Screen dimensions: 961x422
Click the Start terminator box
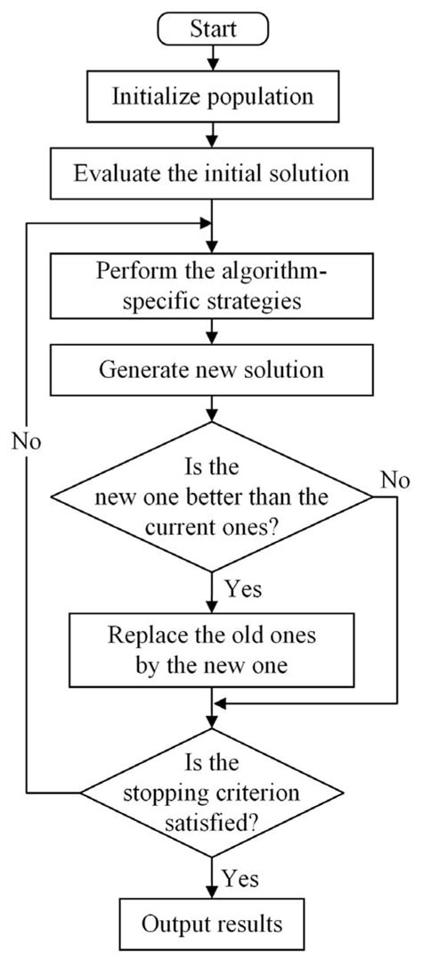(211, 29)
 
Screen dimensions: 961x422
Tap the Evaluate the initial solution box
(211, 174)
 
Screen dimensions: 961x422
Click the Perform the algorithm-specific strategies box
(211, 284)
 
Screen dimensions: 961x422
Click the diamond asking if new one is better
(211, 500)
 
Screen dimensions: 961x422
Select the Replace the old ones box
(211, 649)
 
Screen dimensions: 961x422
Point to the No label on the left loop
(28, 440)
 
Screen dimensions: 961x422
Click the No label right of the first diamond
(395, 480)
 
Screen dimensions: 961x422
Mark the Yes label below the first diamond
(244, 589)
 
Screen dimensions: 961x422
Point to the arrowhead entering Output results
(211, 892)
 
